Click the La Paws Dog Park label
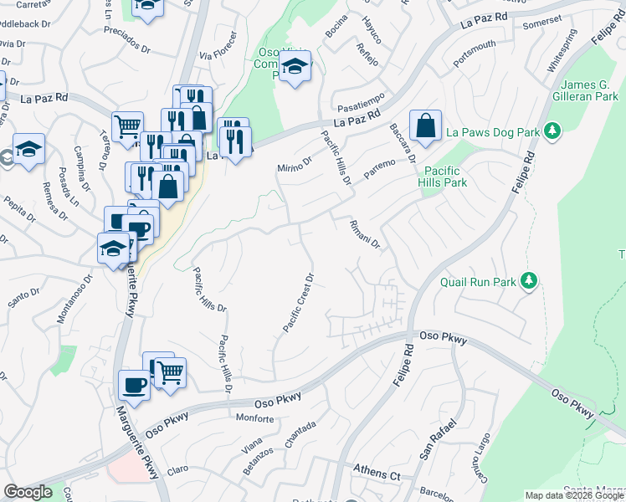click(493, 132)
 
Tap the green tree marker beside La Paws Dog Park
click(552, 131)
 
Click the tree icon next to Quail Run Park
click(528, 280)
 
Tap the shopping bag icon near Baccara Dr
click(425, 127)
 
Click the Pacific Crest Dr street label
click(298, 302)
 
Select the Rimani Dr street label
click(365, 233)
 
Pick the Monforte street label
click(255, 417)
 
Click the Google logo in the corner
click(28, 492)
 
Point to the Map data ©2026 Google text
click(573, 495)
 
